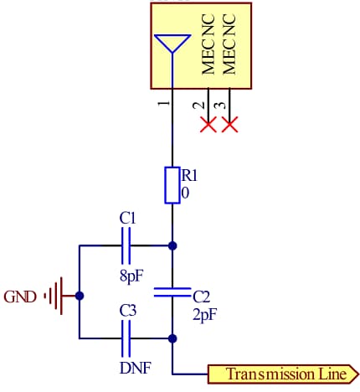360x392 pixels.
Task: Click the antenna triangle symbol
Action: pos(172,44)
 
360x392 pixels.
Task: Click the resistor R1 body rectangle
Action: pos(172,185)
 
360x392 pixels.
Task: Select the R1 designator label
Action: pos(190,176)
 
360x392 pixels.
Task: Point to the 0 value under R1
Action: pos(186,193)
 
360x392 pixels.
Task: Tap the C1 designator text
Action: pos(127,219)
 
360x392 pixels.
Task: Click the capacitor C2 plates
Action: pos(172,293)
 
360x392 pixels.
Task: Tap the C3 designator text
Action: pos(127,311)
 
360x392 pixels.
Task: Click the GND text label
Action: pos(20,297)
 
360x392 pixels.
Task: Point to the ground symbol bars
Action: pos(54,296)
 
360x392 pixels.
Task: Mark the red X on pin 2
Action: pos(208,125)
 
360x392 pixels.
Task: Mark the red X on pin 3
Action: pos(229,125)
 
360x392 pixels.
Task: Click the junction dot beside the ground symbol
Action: pos(80,296)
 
